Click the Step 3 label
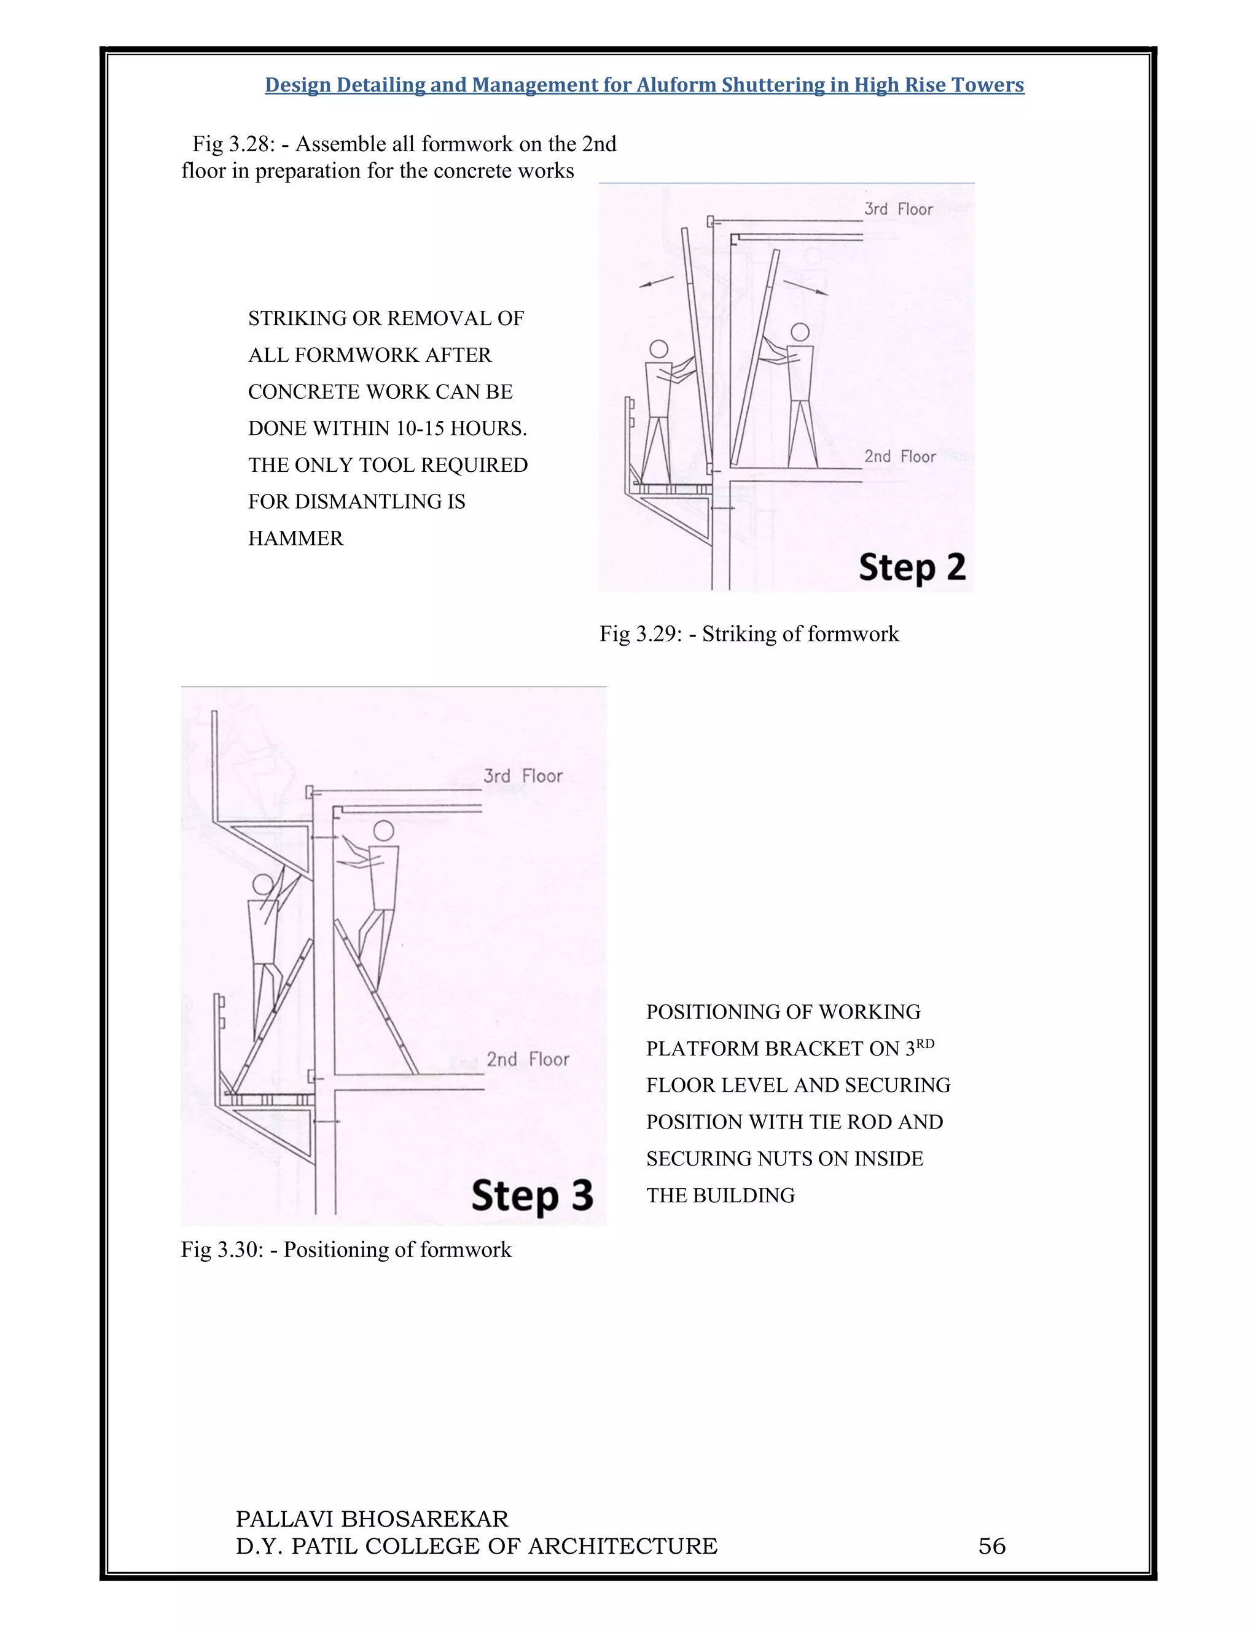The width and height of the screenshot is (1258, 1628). pos(532,1195)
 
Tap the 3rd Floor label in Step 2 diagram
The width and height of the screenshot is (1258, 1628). pos(898,209)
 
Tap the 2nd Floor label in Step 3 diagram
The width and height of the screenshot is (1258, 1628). pos(528,1059)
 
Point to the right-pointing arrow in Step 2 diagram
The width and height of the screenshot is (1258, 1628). pos(806,288)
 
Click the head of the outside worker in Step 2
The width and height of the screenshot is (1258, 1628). pos(659,349)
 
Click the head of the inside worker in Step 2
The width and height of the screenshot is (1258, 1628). pos(800,332)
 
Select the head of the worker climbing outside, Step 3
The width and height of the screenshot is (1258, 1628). pos(263,885)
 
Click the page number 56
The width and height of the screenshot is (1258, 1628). pos(991,1546)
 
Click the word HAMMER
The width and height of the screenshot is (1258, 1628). pos(296,538)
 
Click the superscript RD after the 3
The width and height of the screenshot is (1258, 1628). pos(925,1044)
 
